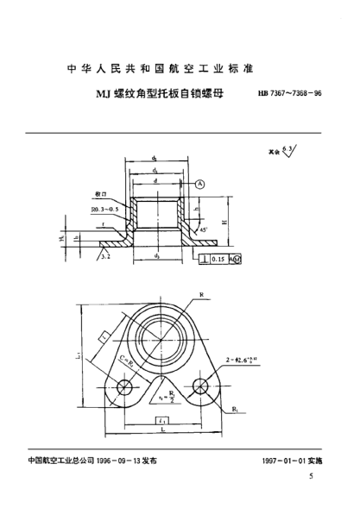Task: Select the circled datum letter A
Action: click(x=200, y=185)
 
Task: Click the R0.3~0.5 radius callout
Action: click(x=102, y=209)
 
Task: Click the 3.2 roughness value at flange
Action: click(x=104, y=257)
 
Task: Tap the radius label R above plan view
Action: click(x=201, y=295)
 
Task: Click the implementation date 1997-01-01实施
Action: click(x=290, y=461)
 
